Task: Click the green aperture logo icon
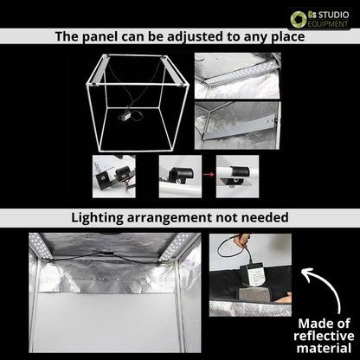click(299, 19)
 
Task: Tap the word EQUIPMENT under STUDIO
click(328, 24)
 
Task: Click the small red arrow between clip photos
click(209, 174)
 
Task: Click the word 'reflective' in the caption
click(324, 336)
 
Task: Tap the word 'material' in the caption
click(324, 348)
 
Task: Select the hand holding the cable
click(241, 240)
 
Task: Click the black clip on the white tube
click(240, 171)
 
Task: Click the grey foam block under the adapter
click(254, 294)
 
